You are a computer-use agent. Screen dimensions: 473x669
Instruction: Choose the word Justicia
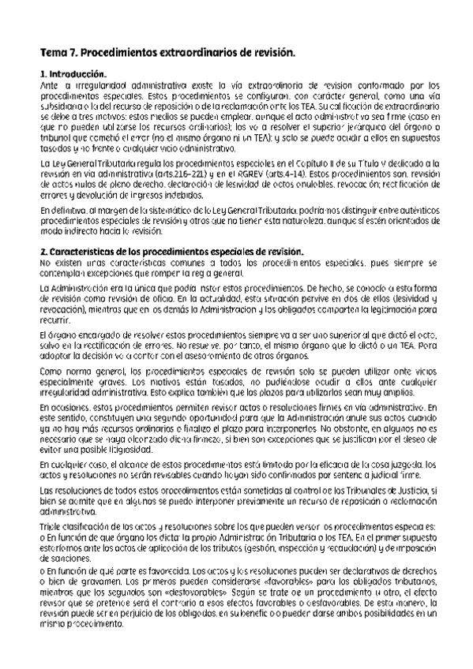point(404,492)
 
